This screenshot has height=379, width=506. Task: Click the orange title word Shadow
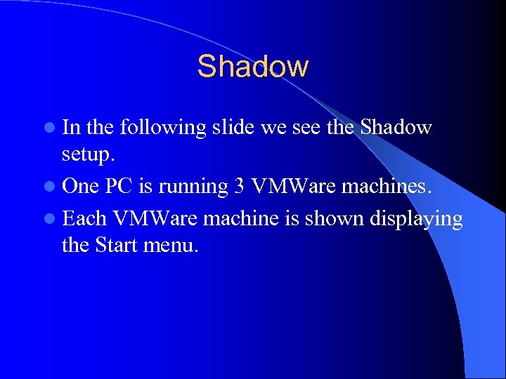tap(252, 67)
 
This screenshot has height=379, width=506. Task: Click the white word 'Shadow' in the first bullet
tap(396, 127)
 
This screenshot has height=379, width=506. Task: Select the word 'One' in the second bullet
tap(81, 187)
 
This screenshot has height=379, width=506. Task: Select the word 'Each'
tap(85, 218)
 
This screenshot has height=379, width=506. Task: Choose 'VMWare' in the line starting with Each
tap(157, 218)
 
